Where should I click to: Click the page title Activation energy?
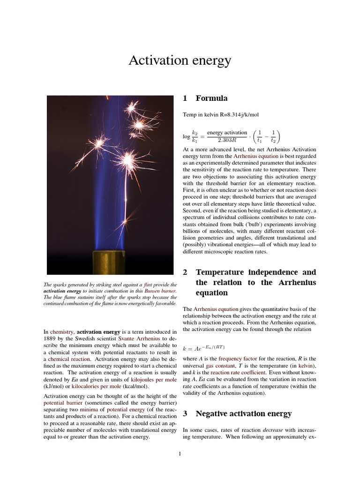point(180,60)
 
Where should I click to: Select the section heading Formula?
point(211,98)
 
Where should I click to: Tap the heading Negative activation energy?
point(243,414)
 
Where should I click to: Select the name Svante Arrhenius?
point(139,338)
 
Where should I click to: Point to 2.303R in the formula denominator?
point(227,140)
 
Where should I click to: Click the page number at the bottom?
point(180,453)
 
